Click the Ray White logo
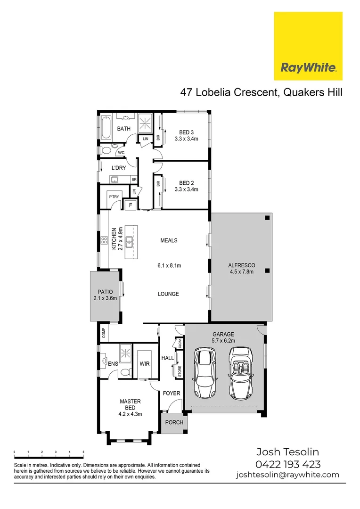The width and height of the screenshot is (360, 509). pyautogui.click(x=308, y=46)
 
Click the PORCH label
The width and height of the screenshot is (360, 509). pyautogui.click(x=174, y=422)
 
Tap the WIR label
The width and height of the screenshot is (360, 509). pyautogui.click(x=144, y=364)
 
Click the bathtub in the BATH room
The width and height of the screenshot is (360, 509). pyautogui.click(x=106, y=129)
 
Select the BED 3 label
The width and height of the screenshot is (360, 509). pyautogui.click(x=186, y=132)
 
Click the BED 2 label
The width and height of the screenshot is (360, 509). pyautogui.click(x=186, y=183)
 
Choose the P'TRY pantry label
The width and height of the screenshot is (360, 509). pyautogui.click(x=114, y=197)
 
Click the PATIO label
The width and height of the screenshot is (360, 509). pyautogui.click(x=105, y=292)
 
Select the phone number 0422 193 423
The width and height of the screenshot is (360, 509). pyautogui.click(x=288, y=464)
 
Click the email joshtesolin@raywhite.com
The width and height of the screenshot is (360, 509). pyautogui.click(x=287, y=475)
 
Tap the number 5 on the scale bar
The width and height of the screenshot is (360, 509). pyautogui.click(x=83, y=452)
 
